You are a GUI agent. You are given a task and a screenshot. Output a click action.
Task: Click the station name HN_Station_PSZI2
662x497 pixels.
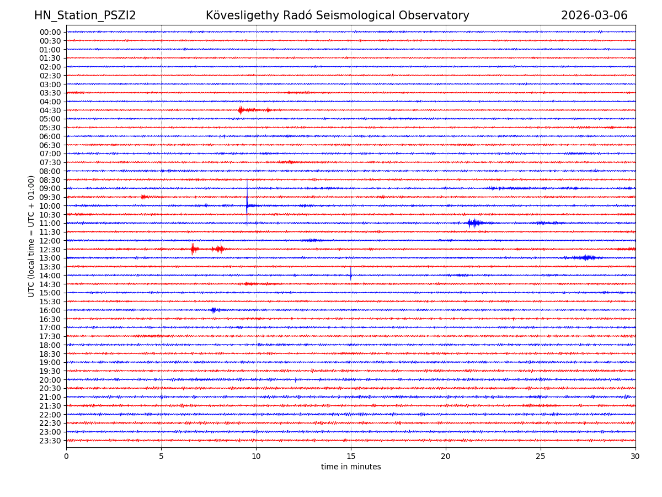[85, 15]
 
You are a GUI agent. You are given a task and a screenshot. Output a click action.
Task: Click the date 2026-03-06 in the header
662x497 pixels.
[594, 15]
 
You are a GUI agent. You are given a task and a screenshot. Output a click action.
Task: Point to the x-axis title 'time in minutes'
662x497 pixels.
[351, 467]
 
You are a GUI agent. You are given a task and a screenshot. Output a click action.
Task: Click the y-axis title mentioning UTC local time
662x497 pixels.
[31, 236]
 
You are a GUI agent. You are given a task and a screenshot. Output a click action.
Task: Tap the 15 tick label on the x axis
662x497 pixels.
[351, 456]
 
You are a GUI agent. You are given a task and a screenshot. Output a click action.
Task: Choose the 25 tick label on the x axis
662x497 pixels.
[541, 456]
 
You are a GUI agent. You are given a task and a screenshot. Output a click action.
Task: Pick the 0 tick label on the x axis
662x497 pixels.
[66, 456]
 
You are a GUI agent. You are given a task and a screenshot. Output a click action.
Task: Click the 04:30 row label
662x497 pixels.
[50, 110]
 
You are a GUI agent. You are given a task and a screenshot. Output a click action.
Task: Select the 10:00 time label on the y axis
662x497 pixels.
[50, 206]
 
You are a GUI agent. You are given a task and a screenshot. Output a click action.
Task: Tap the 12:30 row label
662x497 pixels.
[50, 250]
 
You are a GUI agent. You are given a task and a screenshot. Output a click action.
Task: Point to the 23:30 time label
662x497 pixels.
[50, 441]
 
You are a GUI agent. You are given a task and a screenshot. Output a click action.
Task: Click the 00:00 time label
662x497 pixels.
[50, 32]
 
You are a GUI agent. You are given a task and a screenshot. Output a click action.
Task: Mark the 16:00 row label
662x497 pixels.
[50, 310]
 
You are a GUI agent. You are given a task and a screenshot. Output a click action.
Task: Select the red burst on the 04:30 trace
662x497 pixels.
[241, 110]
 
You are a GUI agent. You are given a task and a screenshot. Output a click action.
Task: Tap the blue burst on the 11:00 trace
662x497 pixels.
[473, 223]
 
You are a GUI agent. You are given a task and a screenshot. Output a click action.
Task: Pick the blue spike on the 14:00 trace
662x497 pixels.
[350, 274]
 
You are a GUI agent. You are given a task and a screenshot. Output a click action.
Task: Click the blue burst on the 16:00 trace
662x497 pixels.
[213, 310]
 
